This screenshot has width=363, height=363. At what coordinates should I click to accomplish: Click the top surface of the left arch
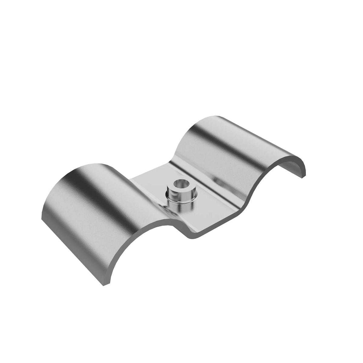tap(91, 188)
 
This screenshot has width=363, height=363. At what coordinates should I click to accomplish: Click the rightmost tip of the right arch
tap(303, 177)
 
